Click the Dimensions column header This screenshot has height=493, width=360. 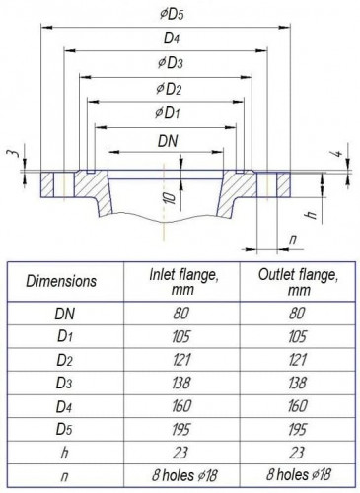61,280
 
